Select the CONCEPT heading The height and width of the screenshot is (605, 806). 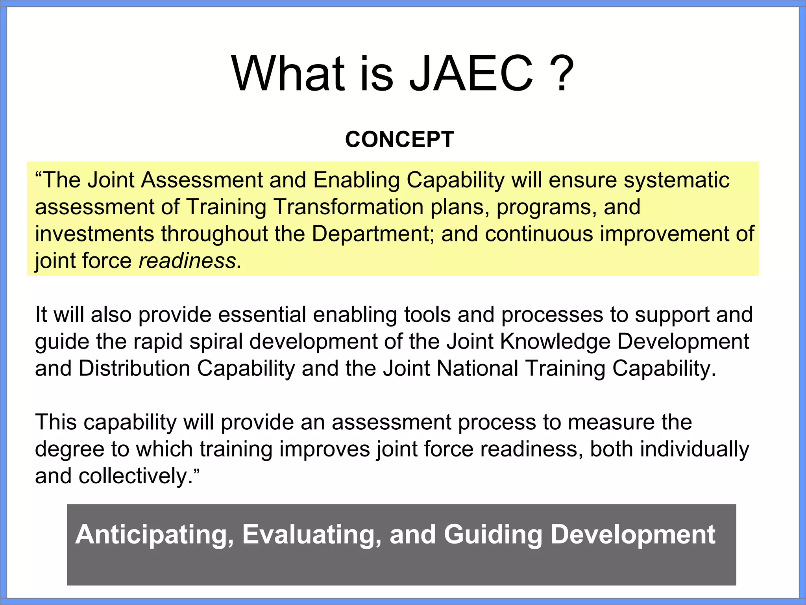399,139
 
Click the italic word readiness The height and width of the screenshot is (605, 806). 187,261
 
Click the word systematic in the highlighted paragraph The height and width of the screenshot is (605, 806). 677,180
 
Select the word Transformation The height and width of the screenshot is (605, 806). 348,207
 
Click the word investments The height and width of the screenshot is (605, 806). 94,234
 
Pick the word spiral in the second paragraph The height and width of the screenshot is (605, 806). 216,341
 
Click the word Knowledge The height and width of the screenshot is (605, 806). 555,341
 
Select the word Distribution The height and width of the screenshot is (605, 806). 134,369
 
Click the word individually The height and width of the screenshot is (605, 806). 695,449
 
